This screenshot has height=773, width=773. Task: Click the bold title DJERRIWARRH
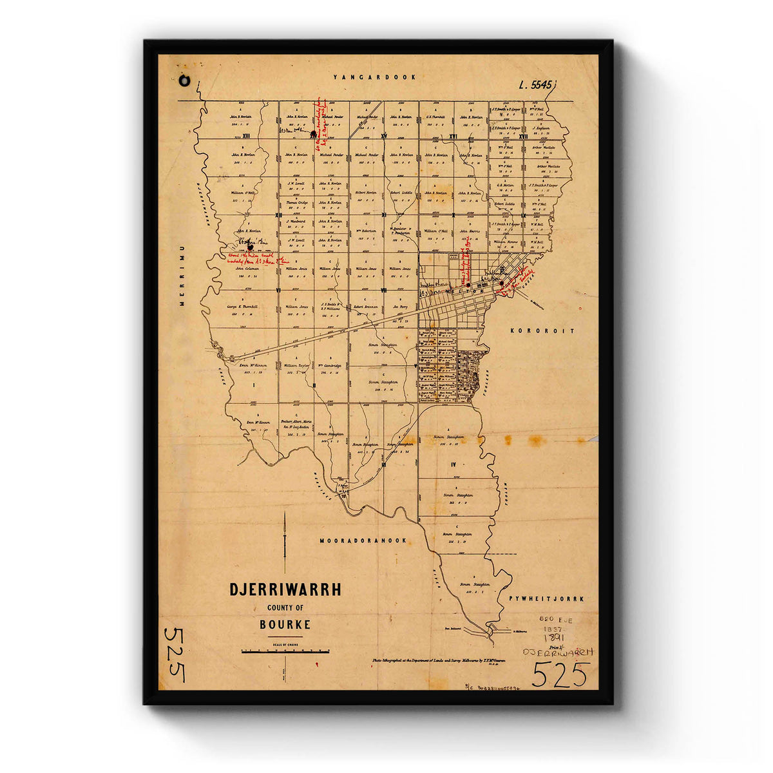[285, 589]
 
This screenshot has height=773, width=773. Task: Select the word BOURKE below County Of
[285, 624]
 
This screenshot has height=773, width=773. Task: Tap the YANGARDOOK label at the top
[374, 77]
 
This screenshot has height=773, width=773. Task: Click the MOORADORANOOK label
[363, 540]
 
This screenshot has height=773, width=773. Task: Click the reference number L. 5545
[536, 84]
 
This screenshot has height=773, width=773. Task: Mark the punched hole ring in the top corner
[186, 82]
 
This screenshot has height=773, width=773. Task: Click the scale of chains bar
[285, 651]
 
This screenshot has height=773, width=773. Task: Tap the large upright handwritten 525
[560, 674]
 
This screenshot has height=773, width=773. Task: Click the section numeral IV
[453, 464]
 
